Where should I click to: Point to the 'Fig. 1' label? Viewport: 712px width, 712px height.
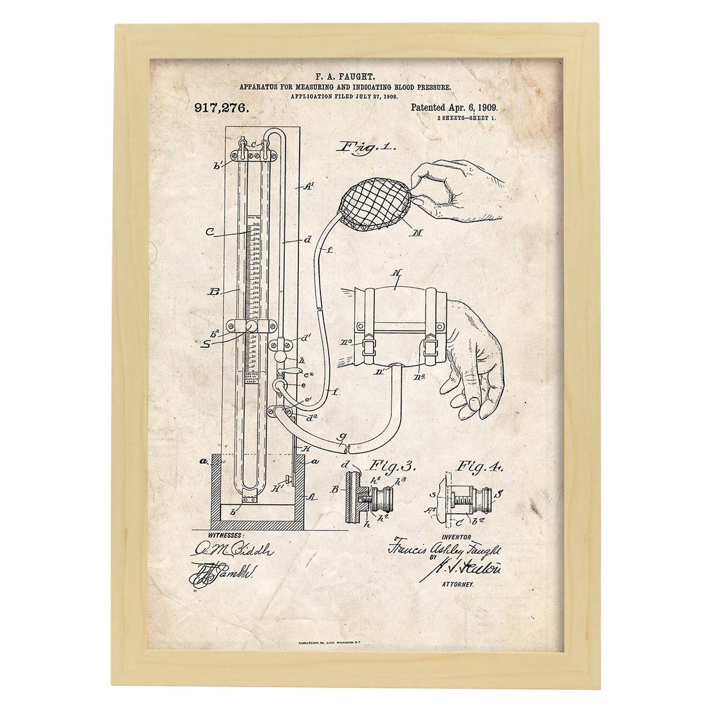367,147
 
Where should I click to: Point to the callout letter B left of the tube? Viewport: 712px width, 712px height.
214,292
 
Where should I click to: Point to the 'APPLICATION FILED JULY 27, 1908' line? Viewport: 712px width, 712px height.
351,97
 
